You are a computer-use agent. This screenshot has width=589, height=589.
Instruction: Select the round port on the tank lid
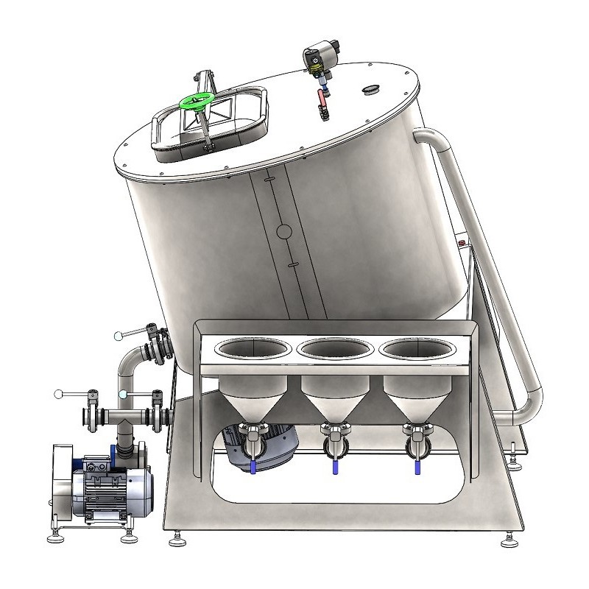coord(370,90)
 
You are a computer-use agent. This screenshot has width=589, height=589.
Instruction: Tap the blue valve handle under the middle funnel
coord(334,465)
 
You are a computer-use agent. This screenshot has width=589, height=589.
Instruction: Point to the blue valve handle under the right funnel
coord(415,465)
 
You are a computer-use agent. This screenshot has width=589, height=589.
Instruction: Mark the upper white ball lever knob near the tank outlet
coord(119,336)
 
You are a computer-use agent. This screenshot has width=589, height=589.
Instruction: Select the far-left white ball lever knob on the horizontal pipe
coord(59,395)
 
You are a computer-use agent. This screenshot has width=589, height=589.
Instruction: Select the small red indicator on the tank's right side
coord(462,241)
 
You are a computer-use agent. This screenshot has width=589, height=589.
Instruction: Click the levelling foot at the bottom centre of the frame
coord(178,541)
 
